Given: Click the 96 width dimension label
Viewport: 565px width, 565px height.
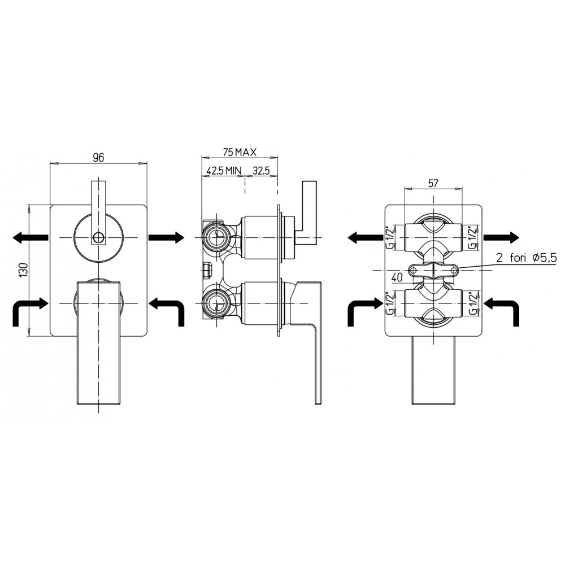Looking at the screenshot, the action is [x=98, y=158].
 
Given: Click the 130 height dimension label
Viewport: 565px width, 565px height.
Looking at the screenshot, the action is [x=23, y=270].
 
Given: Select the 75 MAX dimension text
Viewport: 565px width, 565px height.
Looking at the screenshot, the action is [x=240, y=153].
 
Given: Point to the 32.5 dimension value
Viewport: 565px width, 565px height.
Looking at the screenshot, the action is [x=261, y=171].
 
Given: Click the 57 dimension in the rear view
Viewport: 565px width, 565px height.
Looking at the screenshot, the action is [x=433, y=184].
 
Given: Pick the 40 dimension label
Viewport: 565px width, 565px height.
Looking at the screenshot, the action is [x=397, y=278].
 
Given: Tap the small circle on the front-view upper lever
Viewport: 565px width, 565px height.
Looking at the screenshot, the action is [x=98, y=237].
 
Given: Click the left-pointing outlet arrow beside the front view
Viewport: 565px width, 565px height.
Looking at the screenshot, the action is [x=31, y=237].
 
